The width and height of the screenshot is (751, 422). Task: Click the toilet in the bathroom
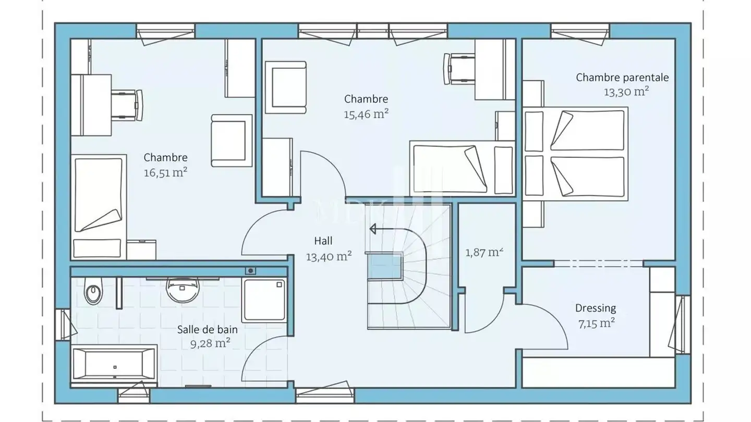[93, 291]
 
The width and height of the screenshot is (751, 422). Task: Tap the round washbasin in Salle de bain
[183, 290]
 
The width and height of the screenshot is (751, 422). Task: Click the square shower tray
[264, 300]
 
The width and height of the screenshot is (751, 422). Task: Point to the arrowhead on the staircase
[372, 229]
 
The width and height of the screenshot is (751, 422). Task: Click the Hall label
[323, 241]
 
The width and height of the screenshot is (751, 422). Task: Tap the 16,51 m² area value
[166, 172]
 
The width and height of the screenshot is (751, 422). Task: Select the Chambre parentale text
[622, 77]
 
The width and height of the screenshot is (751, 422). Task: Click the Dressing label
[596, 308]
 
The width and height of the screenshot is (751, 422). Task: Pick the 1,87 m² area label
[484, 252]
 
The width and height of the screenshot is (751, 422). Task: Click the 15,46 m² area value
[366, 114]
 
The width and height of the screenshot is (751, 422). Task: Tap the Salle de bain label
[207, 330]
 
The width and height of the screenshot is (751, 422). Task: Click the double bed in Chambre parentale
[575, 154]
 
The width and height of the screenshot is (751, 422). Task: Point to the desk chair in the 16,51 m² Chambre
[127, 105]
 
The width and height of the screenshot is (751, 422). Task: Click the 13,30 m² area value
[626, 92]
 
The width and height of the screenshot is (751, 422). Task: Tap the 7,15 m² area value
[597, 324]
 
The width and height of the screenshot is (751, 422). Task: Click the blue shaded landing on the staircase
[384, 266]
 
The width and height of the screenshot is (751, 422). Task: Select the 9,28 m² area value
[210, 344]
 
